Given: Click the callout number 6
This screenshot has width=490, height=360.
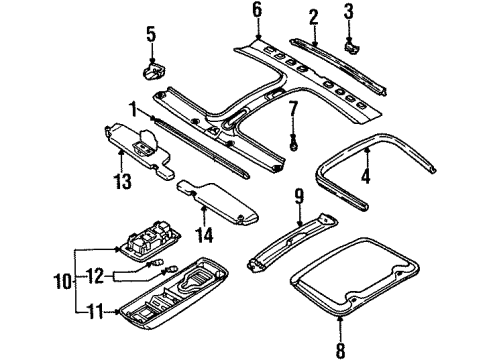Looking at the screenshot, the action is pos(257,11).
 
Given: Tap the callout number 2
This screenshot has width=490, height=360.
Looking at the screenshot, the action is pos(313,17).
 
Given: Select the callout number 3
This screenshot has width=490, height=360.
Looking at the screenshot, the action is pos(348,11).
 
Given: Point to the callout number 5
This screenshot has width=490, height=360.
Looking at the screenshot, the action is pos(151,35).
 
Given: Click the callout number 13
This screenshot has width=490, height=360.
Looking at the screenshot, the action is pos(123,182).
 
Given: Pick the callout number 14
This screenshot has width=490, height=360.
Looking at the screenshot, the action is pos(204,235).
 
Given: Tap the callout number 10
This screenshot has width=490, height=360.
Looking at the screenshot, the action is pos(63,282).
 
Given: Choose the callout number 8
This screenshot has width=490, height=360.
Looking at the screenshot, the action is pos(340,350).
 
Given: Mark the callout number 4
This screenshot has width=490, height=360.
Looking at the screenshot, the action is pos(366,176).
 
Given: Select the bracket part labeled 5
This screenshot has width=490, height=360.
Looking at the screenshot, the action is pos(154,71).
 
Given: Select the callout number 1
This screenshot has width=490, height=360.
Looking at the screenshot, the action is pos(133,110).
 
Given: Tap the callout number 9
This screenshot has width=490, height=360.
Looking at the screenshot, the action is pos(299,196).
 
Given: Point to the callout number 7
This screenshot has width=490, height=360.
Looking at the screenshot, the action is pos(293,109).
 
